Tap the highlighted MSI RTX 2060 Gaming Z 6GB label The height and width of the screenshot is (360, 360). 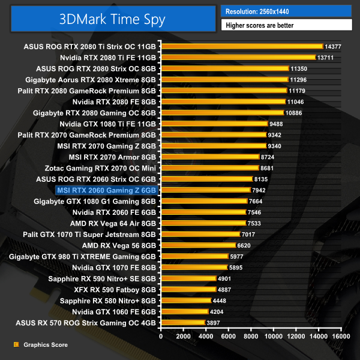[x=107, y=190]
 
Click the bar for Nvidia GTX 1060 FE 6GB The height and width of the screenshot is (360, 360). [x=184, y=312]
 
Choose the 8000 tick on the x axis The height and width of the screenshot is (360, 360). [x=251, y=336]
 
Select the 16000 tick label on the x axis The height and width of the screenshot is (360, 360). [x=341, y=336]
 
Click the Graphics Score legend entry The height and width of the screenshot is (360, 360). [x=45, y=345]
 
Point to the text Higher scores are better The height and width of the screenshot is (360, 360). [x=258, y=25]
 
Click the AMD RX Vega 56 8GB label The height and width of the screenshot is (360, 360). [x=119, y=245]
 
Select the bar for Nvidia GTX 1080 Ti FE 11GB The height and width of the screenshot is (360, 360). [x=214, y=124]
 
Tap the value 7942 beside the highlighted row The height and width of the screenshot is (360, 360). [x=260, y=190]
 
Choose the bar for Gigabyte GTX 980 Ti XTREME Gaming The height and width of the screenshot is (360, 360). [x=194, y=256]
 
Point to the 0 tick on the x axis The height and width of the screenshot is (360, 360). [x=161, y=336]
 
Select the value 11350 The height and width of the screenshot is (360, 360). [x=298, y=68]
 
